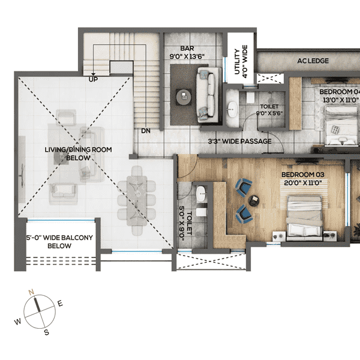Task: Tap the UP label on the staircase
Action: point(94,79)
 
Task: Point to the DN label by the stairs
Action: point(146,130)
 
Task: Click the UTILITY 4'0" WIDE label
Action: point(241,62)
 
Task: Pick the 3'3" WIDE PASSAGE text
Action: point(240,142)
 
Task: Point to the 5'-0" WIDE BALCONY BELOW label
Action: point(59,242)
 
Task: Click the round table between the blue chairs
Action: point(254,200)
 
